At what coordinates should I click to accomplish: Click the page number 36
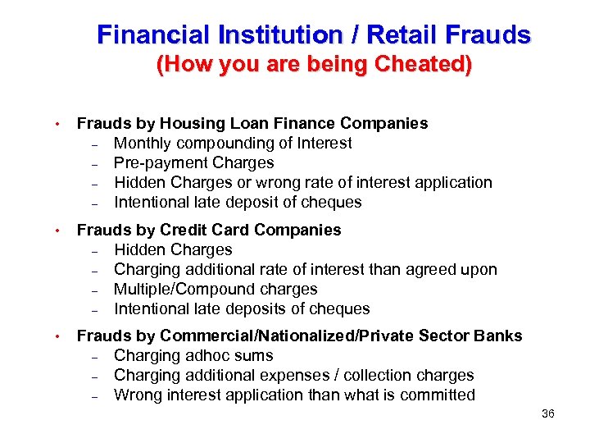click(x=548, y=414)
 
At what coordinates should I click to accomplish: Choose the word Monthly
click(x=143, y=144)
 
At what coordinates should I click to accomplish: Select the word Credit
click(x=188, y=231)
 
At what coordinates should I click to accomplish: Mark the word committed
click(x=439, y=395)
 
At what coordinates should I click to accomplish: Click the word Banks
click(x=500, y=336)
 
